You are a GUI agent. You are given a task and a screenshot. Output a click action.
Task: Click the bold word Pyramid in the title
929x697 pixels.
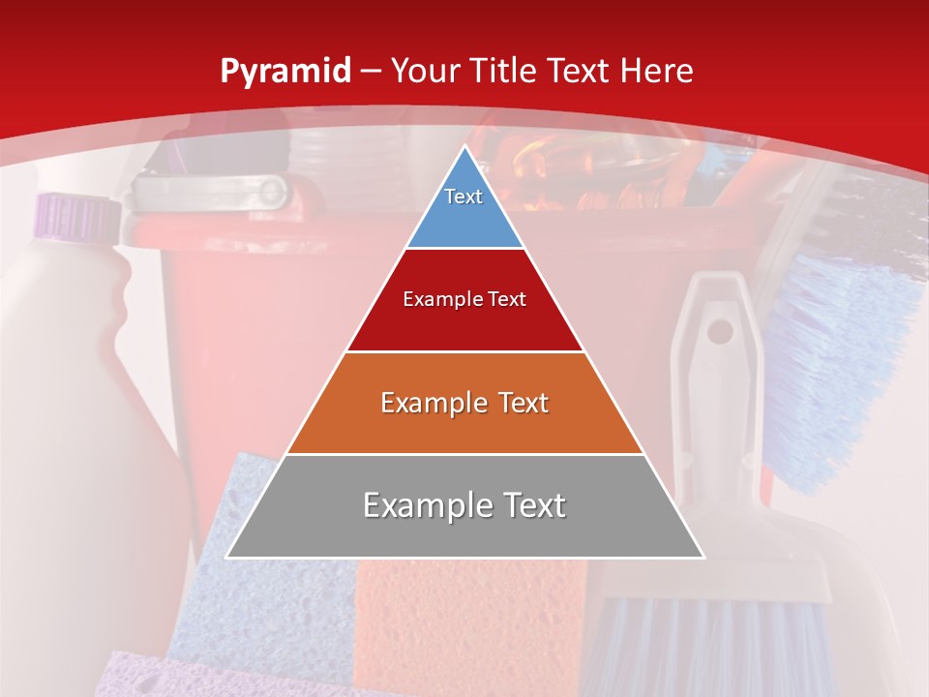click(x=285, y=72)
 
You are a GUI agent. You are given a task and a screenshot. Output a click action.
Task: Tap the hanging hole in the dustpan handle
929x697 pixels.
click(x=720, y=332)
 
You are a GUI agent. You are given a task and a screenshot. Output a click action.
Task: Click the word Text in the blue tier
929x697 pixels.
click(x=464, y=197)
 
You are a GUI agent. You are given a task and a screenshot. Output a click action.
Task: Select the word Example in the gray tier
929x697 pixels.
click(x=417, y=505)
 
